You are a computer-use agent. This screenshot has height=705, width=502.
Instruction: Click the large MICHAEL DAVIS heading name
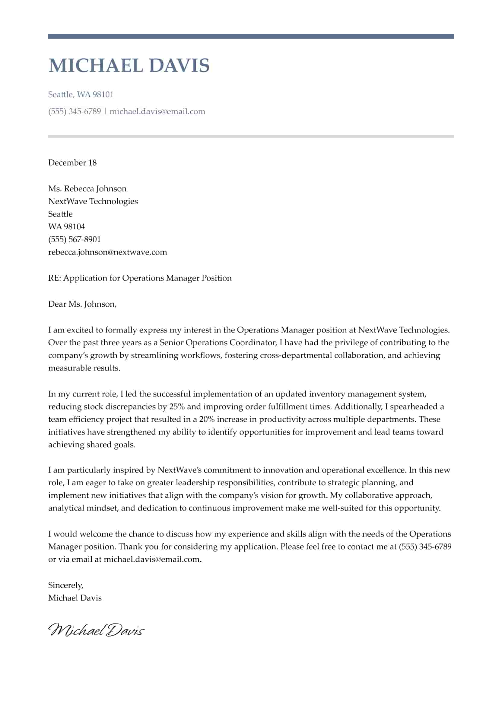(129, 65)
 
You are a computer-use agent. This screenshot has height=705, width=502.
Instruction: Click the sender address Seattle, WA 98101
(81, 94)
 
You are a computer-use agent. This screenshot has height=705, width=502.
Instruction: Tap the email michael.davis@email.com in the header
(157, 111)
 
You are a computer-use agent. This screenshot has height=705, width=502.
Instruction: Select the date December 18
(72, 163)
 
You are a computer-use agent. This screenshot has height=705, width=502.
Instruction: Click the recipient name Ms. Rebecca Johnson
(87, 189)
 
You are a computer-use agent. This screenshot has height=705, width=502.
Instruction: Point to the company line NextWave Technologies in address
(93, 201)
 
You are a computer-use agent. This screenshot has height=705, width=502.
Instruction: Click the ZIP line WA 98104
(66, 227)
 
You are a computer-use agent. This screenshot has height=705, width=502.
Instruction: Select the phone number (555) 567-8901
(74, 239)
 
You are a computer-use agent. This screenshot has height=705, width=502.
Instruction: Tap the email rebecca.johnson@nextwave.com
(107, 252)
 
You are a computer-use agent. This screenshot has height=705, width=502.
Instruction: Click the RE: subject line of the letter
(140, 278)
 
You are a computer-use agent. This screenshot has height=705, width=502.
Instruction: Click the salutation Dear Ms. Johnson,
(82, 304)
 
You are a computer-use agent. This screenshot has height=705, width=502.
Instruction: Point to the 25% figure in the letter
(177, 407)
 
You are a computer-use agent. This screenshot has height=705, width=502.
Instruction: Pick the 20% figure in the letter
(207, 419)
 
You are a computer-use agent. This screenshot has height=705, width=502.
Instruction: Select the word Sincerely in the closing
(65, 585)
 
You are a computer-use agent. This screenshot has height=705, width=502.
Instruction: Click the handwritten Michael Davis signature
(96, 630)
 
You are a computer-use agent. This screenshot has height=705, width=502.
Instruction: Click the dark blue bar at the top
(251, 36)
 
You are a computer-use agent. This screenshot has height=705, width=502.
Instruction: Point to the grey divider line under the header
(251, 136)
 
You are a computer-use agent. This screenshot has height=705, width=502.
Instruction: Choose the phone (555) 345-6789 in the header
(75, 111)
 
